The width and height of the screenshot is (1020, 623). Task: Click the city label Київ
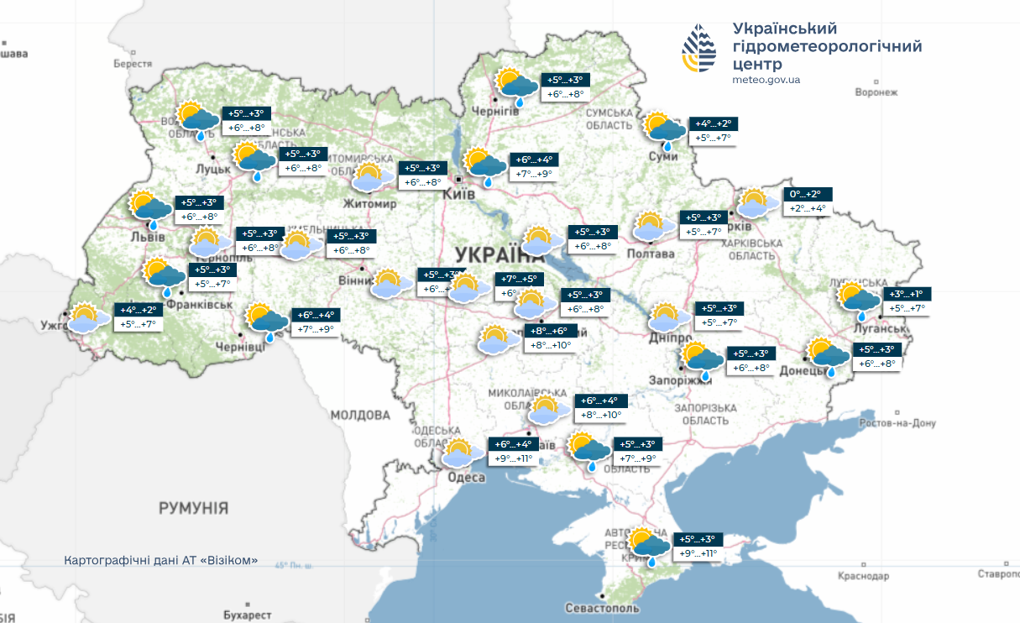(459, 194)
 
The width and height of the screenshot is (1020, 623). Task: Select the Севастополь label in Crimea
(603, 608)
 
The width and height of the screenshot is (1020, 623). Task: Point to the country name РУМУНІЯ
(193, 508)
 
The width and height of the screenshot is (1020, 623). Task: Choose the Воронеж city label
(876, 92)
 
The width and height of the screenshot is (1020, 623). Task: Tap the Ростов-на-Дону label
(897, 423)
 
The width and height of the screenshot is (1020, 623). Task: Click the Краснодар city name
(863, 576)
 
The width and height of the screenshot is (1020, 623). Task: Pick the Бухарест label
(248, 615)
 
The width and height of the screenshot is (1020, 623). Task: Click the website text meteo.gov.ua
(766, 80)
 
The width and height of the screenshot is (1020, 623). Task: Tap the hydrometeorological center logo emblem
(699, 49)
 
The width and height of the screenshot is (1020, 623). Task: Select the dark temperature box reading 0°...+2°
(808, 194)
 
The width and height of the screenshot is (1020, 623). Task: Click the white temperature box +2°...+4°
(808, 209)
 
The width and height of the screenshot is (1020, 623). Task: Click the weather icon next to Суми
(664, 129)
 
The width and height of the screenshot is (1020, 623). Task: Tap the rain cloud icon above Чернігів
(515, 86)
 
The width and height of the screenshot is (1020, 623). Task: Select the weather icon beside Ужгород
(88, 318)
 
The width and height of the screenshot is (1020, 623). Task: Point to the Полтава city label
(651, 254)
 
